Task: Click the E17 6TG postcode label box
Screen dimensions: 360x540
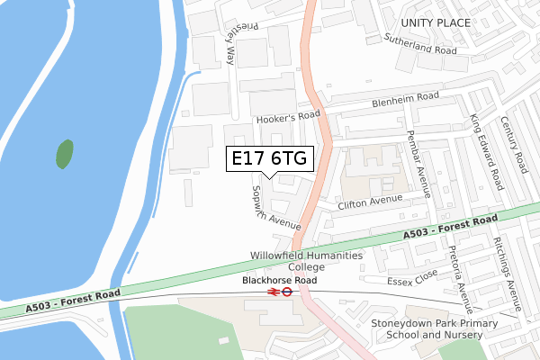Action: point(269,158)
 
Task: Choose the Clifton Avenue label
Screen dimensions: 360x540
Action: point(369,203)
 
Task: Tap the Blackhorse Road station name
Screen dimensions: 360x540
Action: point(280,281)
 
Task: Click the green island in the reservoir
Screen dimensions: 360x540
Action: point(65,154)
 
